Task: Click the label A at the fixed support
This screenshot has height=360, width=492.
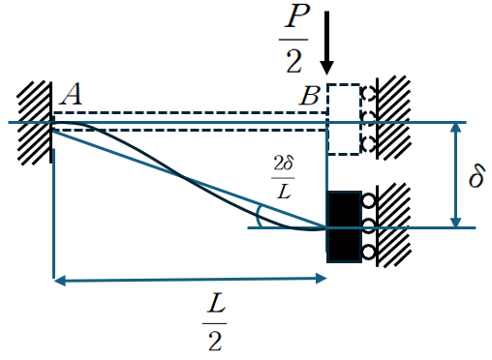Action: (x=71, y=95)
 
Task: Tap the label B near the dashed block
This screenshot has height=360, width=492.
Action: (x=310, y=96)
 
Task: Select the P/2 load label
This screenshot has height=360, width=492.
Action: (x=294, y=39)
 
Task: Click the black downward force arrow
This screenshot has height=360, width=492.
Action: (x=326, y=43)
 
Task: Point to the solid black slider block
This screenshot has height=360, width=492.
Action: (x=344, y=226)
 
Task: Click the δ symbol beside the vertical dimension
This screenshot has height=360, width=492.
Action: (x=477, y=175)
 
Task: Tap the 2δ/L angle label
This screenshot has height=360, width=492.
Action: (x=283, y=177)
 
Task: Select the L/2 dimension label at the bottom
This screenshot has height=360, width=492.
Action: (x=215, y=322)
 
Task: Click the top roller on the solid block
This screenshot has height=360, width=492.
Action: (x=368, y=200)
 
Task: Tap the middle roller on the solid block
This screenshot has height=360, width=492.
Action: (x=368, y=225)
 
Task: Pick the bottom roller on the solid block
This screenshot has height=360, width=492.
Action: (x=368, y=252)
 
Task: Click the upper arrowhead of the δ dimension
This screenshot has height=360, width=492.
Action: (x=455, y=128)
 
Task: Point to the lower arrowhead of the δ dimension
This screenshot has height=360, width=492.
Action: (x=455, y=222)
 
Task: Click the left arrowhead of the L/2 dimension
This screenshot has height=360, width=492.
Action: (x=60, y=281)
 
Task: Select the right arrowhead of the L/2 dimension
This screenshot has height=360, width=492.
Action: (x=321, y=278)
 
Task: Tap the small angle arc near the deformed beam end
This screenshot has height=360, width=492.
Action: (x=258, y=217)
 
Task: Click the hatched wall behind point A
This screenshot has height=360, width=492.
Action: (x=34, y=123)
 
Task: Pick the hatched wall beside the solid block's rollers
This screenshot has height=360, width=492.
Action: (x=393, y=225)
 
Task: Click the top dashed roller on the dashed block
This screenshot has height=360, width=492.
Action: (x=368, y=94)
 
